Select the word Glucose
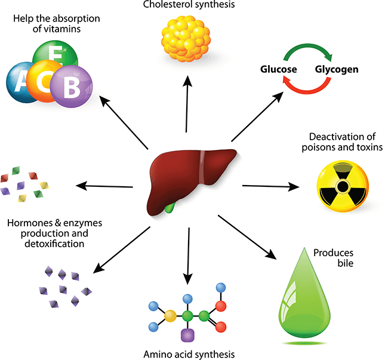[278, 69]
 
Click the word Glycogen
[337, 69]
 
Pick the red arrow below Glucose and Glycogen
[307, 90]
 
